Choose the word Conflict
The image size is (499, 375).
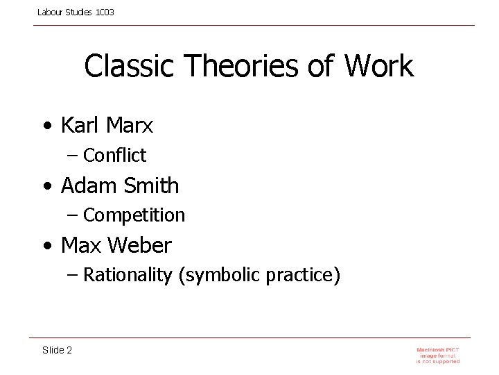(114, 156)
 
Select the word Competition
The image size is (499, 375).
(134, 215)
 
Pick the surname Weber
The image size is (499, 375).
(146, 245)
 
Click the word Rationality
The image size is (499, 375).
(128, 275)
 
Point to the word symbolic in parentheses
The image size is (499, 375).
(215, 276)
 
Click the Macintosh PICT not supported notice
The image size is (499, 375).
(438, 355)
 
